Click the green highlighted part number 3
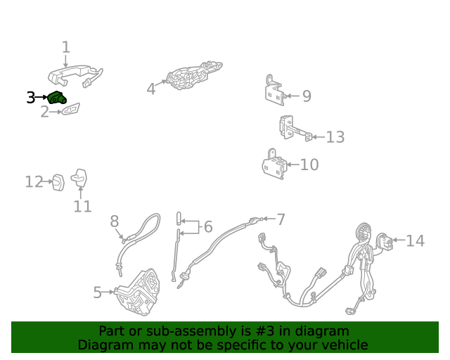coord(57,98)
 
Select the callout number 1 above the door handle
coord(66,47)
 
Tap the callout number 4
coord(151,89)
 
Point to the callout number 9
coord(307,96)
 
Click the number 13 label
coord(335,137)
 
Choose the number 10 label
coord(309,165)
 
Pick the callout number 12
coord(34,181)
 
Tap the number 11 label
coord(83,207)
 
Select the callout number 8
coord(115,221)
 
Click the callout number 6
coord(208,226)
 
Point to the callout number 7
coord(281,219)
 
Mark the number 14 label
coord(416,240)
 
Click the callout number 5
coord(98,292)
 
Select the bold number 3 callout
coord(31,98)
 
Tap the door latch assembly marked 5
coord(138,292)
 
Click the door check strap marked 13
coord(295,129)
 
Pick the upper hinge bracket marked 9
coord(275,90)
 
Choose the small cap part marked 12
coord(58,182)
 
